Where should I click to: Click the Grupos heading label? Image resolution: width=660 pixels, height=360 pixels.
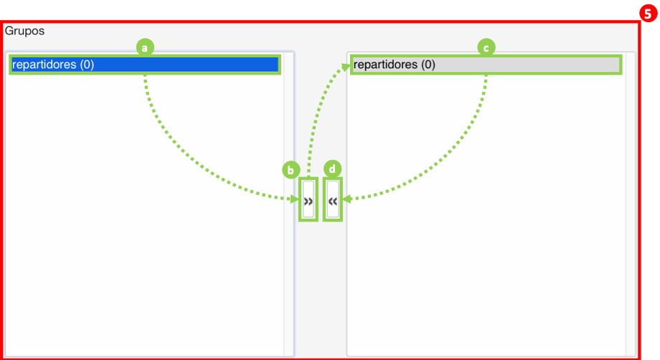24,31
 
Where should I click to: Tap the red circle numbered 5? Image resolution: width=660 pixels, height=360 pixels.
649,14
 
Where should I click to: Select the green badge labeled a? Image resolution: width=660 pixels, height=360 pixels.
145,47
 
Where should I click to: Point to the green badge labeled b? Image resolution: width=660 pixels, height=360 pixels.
291,171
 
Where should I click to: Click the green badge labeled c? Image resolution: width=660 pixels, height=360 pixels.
486,47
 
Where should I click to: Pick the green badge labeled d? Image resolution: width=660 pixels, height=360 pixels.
333,169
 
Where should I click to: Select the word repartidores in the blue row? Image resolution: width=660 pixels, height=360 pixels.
44,65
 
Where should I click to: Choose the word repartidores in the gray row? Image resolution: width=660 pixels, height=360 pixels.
385,65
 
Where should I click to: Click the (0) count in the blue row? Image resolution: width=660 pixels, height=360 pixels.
87,65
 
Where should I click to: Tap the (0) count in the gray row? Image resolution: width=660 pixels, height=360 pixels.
428,65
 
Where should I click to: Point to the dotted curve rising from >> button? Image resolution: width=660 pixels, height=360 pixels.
316,113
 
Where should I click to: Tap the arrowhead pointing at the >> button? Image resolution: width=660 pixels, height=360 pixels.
295,199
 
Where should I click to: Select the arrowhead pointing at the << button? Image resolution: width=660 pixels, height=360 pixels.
346,199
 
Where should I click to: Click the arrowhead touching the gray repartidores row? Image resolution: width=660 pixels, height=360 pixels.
346,67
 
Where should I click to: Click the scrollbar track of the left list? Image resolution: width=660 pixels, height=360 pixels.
288,204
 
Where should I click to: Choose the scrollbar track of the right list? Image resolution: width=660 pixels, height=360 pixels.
630,204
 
